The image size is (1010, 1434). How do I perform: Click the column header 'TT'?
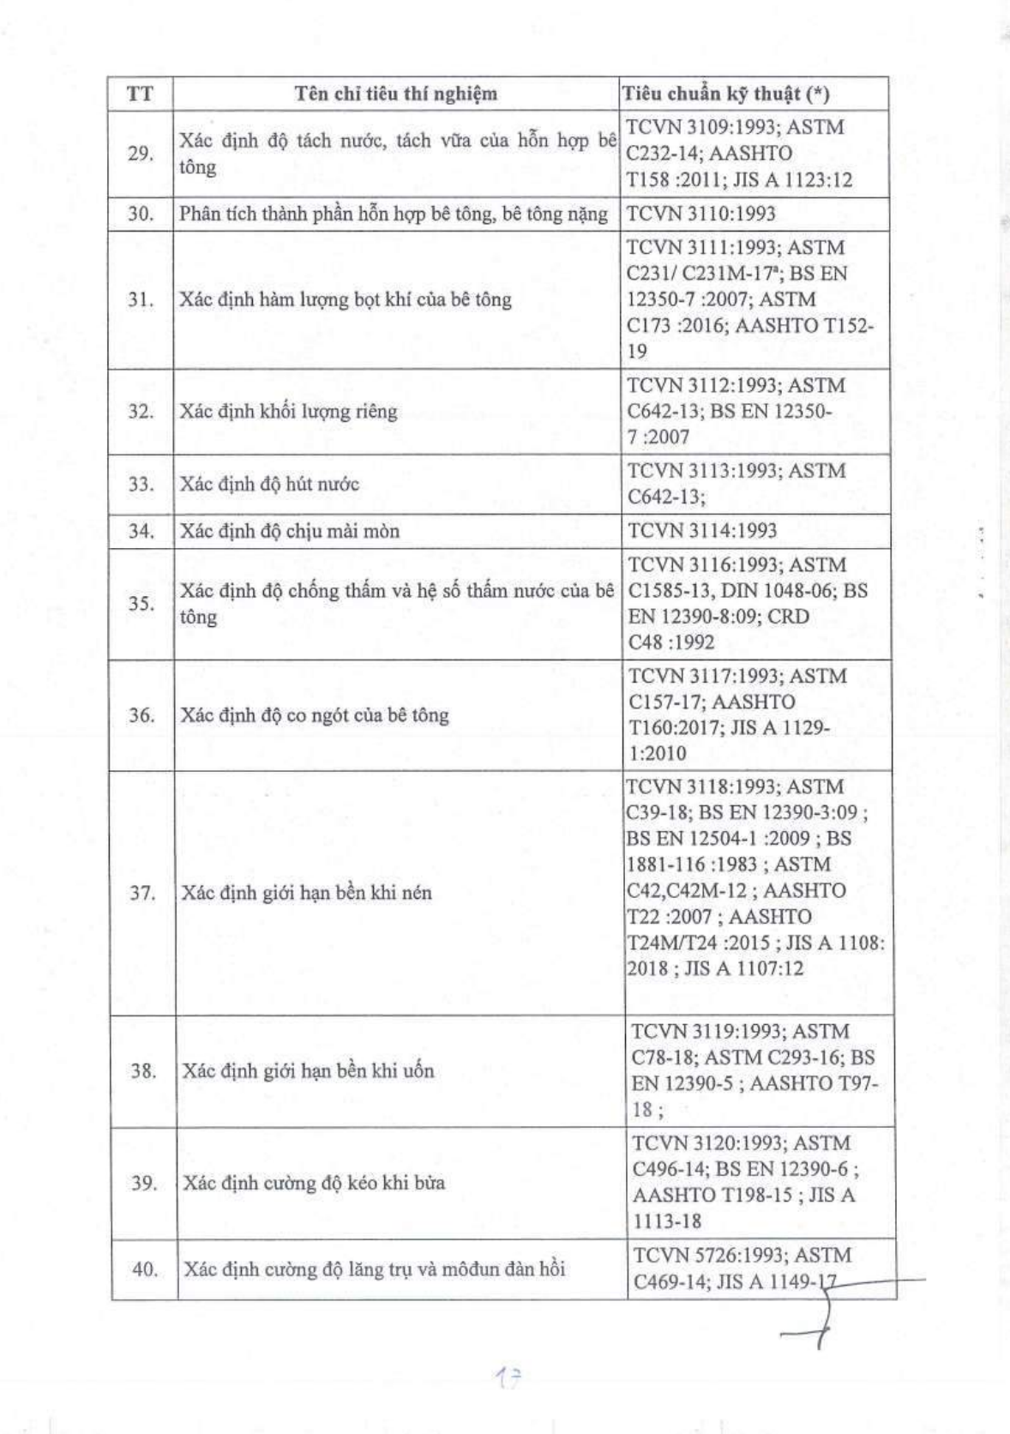(140, 93)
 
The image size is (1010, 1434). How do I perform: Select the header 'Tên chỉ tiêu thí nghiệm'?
(396, 93)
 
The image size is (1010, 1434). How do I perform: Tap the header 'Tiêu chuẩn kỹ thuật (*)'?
(726, 93)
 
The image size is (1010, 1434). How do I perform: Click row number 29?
(141, 154)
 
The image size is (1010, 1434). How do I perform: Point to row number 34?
(141, 531)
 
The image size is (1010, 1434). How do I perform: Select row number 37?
(142, 893)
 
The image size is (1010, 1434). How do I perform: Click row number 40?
(145, 1268)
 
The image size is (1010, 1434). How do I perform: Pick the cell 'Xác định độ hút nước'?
(269, 484)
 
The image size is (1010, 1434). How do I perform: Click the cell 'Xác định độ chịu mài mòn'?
(290, 531)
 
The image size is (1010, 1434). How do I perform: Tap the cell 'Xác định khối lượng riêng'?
(289, 412)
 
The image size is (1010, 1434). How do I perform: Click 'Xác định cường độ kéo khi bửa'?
(314, 1183)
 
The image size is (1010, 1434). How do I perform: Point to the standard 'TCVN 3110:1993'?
(701, 214)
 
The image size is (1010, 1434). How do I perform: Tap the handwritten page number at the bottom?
(509, 1378)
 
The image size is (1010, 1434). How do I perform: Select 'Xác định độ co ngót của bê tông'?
(315, 715)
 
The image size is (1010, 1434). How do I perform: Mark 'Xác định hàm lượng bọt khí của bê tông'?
(346, 299)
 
